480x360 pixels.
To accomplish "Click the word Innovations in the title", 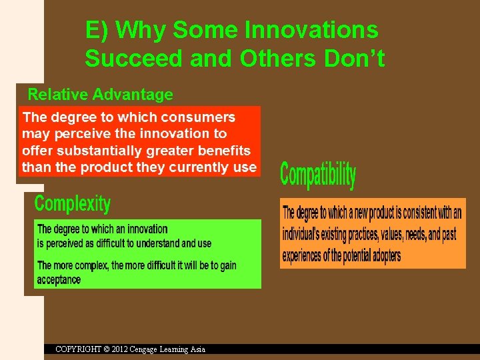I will (x=311, y=30).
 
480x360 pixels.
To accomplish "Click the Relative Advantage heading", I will (x=100, y=95).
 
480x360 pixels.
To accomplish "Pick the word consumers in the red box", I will (x=202, y=117).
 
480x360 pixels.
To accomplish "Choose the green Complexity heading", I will (x=72, y=203).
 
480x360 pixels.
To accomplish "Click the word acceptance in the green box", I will (x=59, y=280).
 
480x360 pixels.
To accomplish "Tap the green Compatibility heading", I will (x=318, y=175).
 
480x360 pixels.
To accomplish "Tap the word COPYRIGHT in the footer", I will (x=79, y=349).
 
